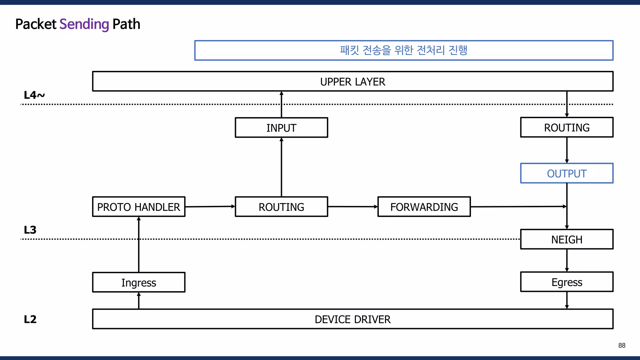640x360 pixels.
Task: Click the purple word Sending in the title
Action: click(84, 24)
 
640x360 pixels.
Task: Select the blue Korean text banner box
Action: click(403, 50)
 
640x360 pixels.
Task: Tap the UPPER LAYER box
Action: click(352, 82)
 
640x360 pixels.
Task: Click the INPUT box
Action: click(281, 127)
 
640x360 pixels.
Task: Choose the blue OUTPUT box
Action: click(567, 173)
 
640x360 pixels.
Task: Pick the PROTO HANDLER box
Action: click(139, 207)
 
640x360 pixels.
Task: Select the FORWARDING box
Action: click(424, 207)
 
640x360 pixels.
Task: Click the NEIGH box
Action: click(567, 239)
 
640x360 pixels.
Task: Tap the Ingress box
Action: click(139, 282)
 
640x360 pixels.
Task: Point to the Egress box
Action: click(567, 282)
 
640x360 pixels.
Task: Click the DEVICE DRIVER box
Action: click(352, 319)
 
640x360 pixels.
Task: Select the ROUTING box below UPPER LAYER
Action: click(567, 127)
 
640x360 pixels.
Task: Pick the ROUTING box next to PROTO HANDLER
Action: click(281, 207)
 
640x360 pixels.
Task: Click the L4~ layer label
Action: click(34, 95)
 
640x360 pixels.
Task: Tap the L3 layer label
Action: click(30, 230)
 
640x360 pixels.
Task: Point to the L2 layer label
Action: click(30, 319)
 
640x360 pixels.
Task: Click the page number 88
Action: click(622, 345)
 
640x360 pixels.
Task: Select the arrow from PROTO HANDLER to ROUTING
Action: click(210, 207)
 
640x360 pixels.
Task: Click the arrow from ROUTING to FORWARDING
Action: click(352, 207)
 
